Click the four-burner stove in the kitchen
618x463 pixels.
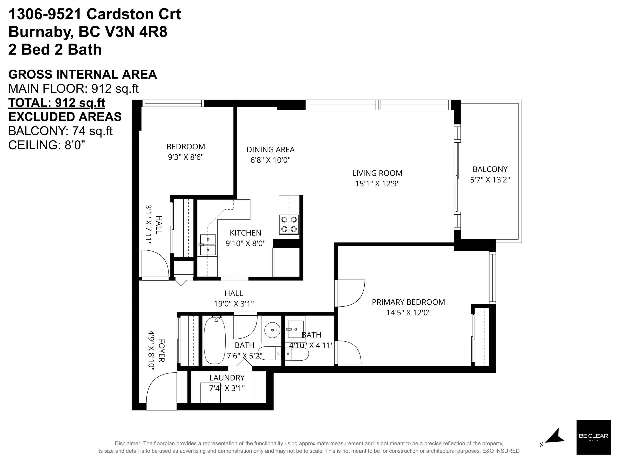(289, 224)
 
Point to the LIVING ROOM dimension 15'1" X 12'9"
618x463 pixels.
(377, 184)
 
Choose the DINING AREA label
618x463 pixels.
(270, 150)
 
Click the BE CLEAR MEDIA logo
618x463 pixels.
(593, 441)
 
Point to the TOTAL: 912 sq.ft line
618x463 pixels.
(57, 103)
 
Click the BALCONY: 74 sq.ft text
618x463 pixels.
(60, 131)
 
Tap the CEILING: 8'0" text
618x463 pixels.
(47, 145)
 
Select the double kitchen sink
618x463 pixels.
(208, 245)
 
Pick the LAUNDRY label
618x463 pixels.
(227, 378)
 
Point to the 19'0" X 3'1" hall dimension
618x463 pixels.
(234, 304)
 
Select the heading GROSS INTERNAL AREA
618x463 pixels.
(82, 74)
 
